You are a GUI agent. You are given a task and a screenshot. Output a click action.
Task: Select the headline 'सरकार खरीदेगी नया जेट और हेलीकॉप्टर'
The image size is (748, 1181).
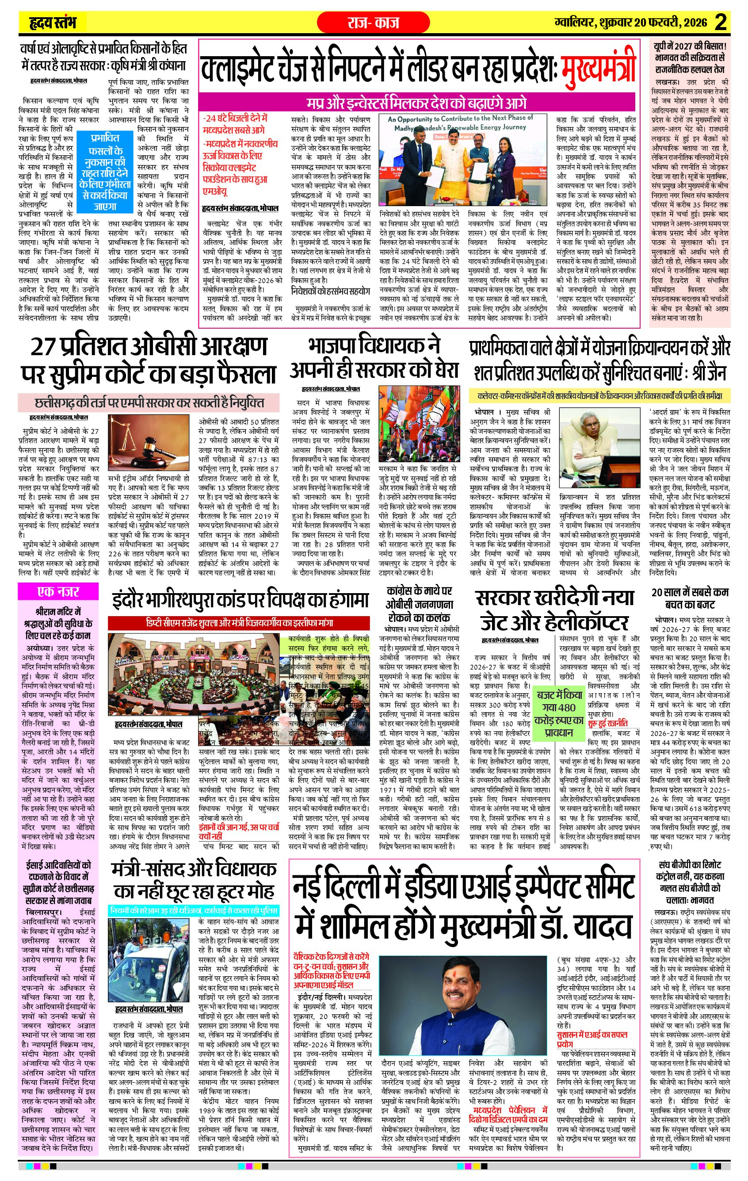[554, 610]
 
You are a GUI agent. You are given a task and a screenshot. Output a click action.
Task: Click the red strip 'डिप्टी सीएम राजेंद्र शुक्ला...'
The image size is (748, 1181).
[239, 623]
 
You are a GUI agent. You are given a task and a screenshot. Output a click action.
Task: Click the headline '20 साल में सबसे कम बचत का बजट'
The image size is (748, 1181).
[690, 598]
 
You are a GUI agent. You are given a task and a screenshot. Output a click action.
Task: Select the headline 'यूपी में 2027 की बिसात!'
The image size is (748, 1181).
[690, 46]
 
